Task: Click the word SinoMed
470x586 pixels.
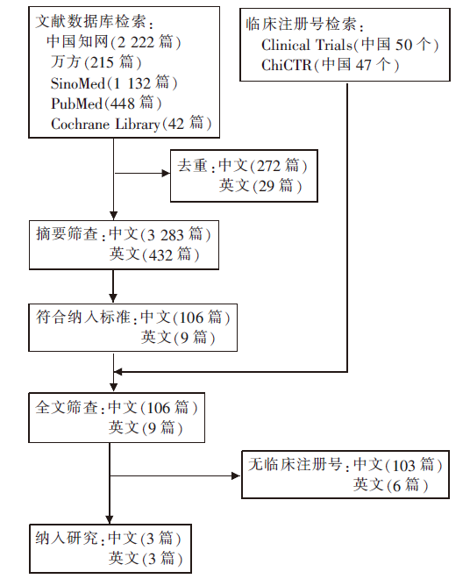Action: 78,83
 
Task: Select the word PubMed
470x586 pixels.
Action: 76,104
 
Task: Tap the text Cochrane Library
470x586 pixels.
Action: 105,124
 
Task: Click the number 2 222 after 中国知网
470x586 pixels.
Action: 135,42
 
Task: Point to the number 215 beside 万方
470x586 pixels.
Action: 102,62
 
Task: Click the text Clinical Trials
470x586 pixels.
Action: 307,45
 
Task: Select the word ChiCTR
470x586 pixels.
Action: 286,65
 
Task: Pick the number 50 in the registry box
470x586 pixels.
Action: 403,45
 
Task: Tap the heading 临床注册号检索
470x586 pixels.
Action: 301,24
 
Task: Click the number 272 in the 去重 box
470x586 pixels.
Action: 268,166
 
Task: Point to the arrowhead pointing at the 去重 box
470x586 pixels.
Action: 166,173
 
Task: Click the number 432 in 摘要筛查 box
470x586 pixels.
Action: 160,255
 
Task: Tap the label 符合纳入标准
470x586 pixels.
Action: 83,317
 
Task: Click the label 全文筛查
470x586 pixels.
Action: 67,407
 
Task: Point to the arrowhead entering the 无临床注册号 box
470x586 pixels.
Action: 236,475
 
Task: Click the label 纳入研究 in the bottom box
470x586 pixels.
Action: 67,538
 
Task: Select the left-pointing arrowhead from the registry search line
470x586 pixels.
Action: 118,371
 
